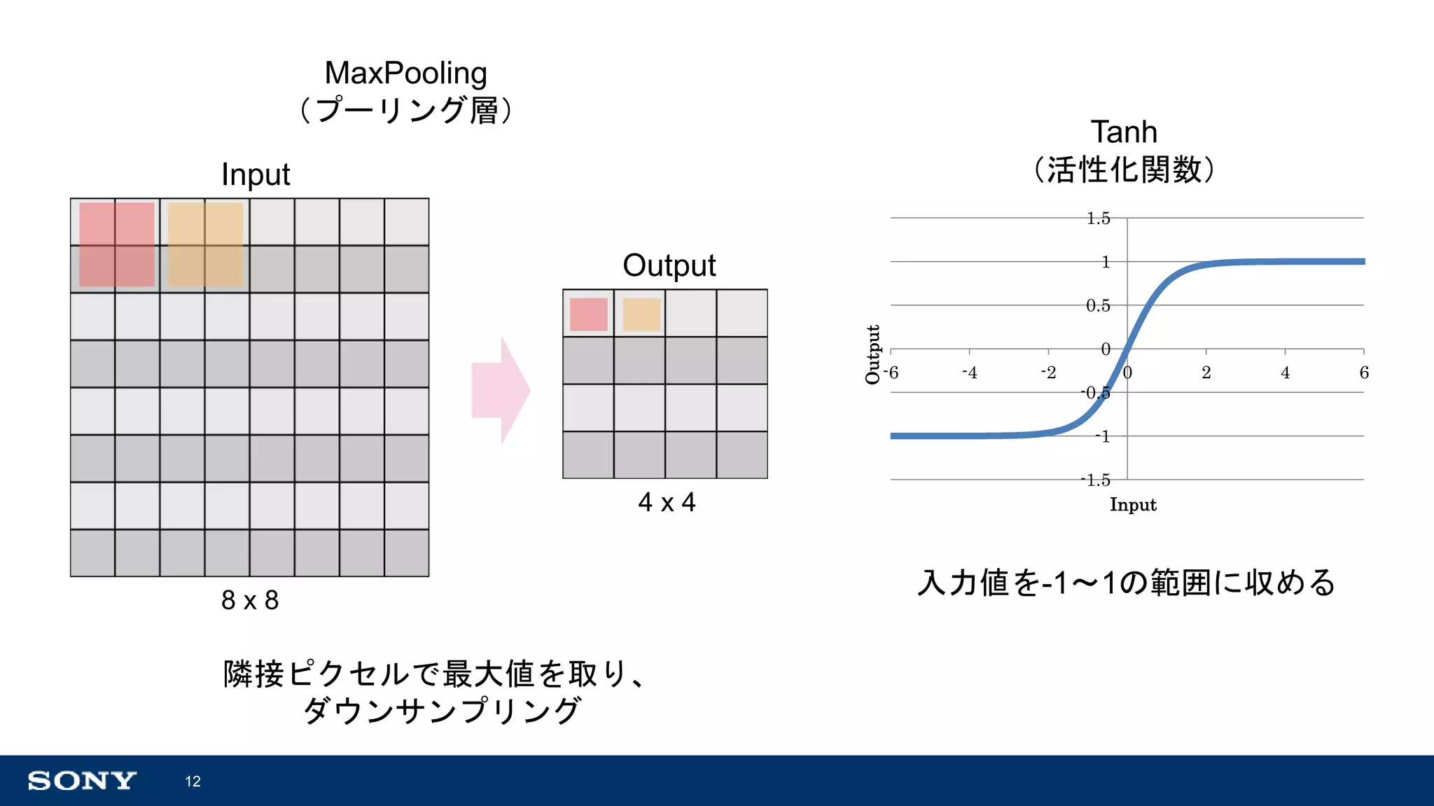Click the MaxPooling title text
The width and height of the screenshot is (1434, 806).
(405, 74)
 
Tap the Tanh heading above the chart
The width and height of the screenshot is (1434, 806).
(1123, 132)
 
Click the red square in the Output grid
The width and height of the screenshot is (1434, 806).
(588, 314)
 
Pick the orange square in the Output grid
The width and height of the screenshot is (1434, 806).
(641, 314)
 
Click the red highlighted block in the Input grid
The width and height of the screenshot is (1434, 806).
(116, 244)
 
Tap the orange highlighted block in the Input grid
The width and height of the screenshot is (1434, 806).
(205, 244)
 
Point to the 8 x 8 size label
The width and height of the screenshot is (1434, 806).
(250, 600)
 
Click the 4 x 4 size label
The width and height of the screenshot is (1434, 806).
(667, 502)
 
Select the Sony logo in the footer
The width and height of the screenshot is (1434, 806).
(82, 781)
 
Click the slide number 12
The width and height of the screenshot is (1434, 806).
(193, 781)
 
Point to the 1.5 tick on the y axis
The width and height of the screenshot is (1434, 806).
(1098, 218)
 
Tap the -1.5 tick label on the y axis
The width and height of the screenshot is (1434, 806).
(1096, 480)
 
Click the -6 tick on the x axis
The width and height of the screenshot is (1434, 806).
(891, 373)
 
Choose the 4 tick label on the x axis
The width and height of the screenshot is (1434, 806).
(1285, 373)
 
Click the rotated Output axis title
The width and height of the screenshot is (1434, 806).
(872, 354)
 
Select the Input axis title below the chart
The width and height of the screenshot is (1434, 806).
(1133, 505)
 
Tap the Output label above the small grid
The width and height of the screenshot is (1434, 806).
(669, 266)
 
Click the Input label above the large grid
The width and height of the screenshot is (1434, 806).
(256, 175)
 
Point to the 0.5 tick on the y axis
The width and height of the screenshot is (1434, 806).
(1098, 306)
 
